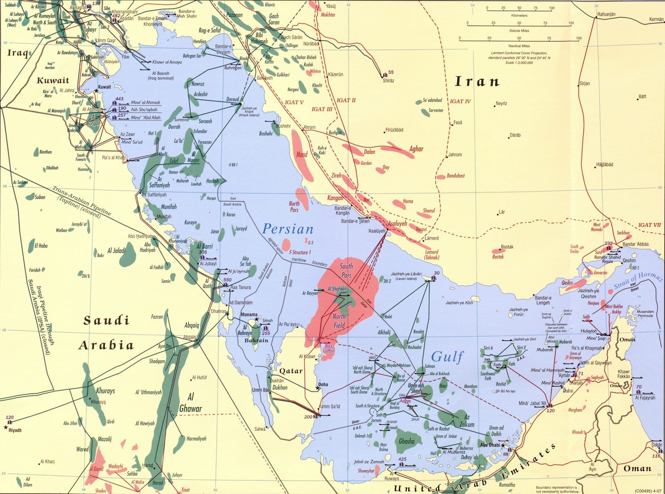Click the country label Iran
[477, 82]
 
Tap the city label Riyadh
[15, 430]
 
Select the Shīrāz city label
[388, 81]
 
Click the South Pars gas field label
[346, 271]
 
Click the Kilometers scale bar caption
[519, 16]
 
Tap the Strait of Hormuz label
[638, 281]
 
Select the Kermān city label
[656, 19]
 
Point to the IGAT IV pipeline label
[460, 101]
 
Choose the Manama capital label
[249, 315]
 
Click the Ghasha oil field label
[406, 441]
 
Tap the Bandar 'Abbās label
[635, 244]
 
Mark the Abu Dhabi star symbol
[503, 446]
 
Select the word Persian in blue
[288, 229]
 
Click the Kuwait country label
[53, 81]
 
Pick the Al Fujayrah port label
[645, 398]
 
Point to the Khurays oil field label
[105, 391]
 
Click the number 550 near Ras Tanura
[227, 280]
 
